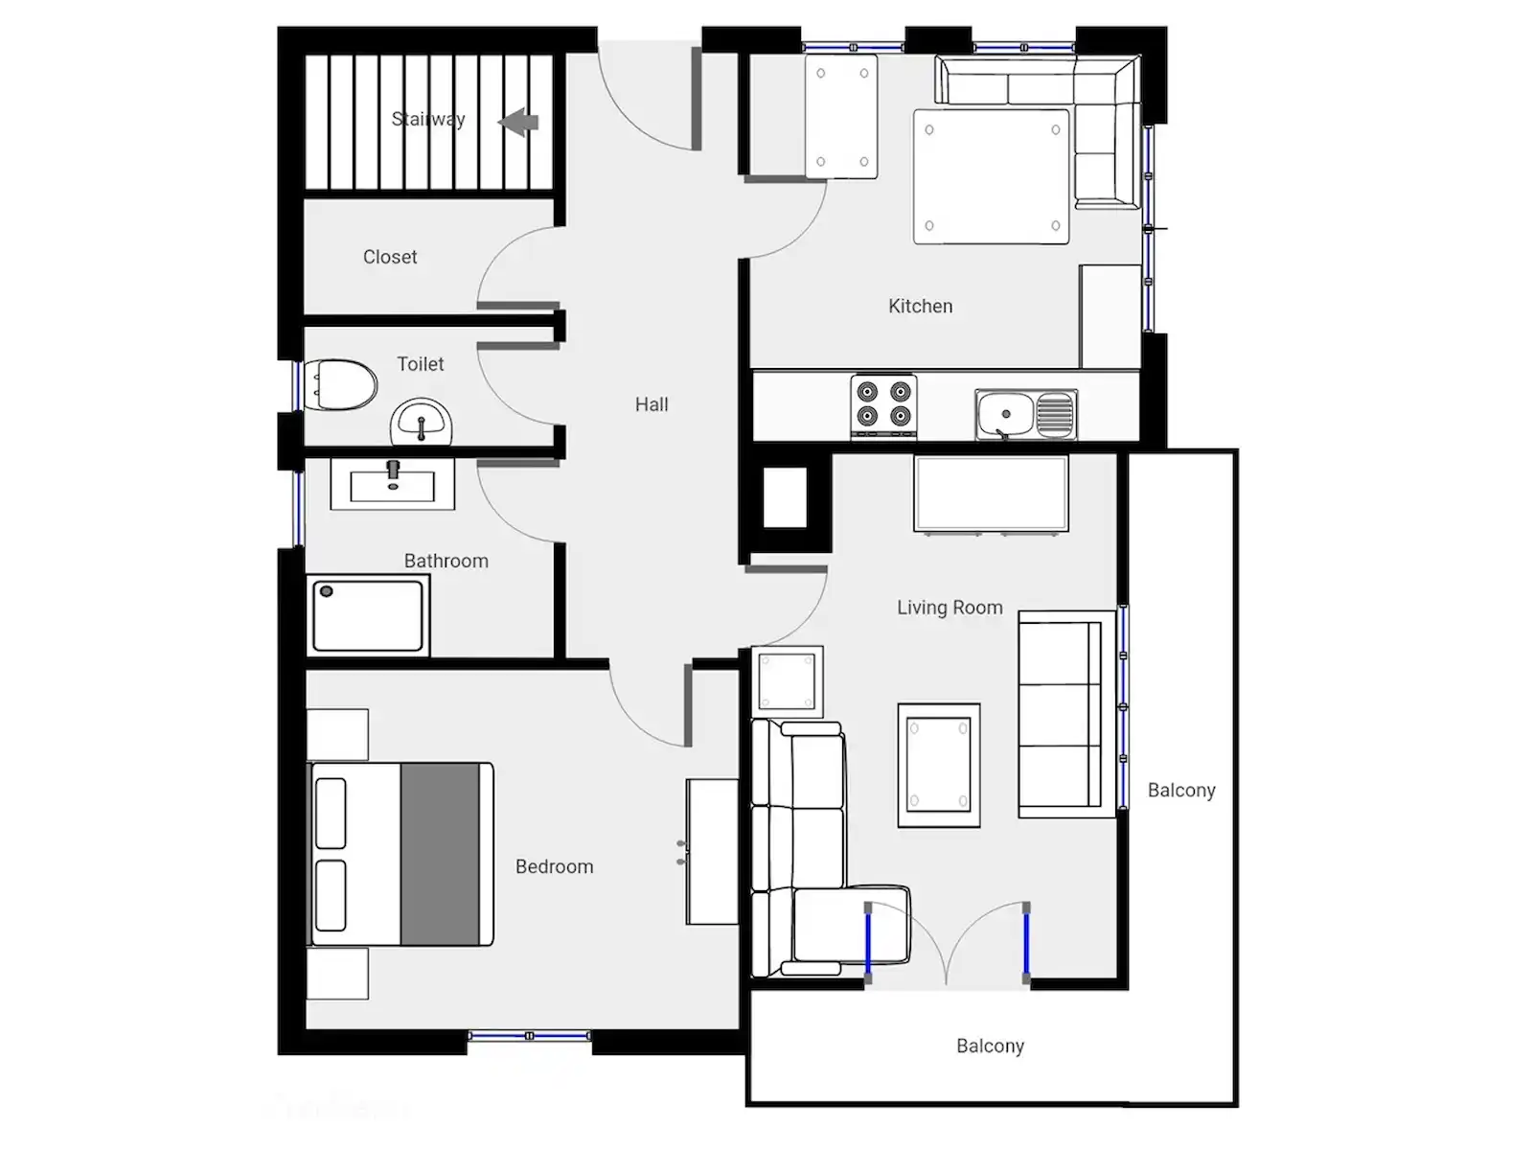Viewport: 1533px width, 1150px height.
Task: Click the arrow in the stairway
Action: (518, 123)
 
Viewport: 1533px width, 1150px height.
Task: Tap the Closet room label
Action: (390, 257)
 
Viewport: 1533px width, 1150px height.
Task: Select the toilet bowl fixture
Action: (340, 384)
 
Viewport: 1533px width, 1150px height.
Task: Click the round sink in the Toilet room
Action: (422, 423)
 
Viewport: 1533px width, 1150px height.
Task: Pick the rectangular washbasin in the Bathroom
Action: (393, 483)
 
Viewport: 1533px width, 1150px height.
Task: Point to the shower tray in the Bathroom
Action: (367, 616)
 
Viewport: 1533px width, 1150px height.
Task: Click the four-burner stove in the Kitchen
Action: (883, 406)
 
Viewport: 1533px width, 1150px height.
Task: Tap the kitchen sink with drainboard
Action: (1026, 414)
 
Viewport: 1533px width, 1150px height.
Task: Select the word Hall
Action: (652, 404)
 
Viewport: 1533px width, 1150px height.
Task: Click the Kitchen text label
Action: (921, 306)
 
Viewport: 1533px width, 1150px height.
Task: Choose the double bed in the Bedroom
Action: (400, 854)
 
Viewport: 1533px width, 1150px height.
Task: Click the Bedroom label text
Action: (555, 866)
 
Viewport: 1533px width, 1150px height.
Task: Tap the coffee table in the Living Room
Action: (939, 766)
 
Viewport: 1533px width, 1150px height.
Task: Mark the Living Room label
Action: (950, 608)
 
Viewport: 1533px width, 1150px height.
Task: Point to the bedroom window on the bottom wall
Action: (530, 1036)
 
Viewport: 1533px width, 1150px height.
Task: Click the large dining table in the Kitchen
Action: (991, 176)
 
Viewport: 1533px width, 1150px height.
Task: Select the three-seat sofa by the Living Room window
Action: (1066, 714)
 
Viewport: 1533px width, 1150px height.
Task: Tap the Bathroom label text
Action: (446, 561)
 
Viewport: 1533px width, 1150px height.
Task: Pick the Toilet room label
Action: (421, 364)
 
